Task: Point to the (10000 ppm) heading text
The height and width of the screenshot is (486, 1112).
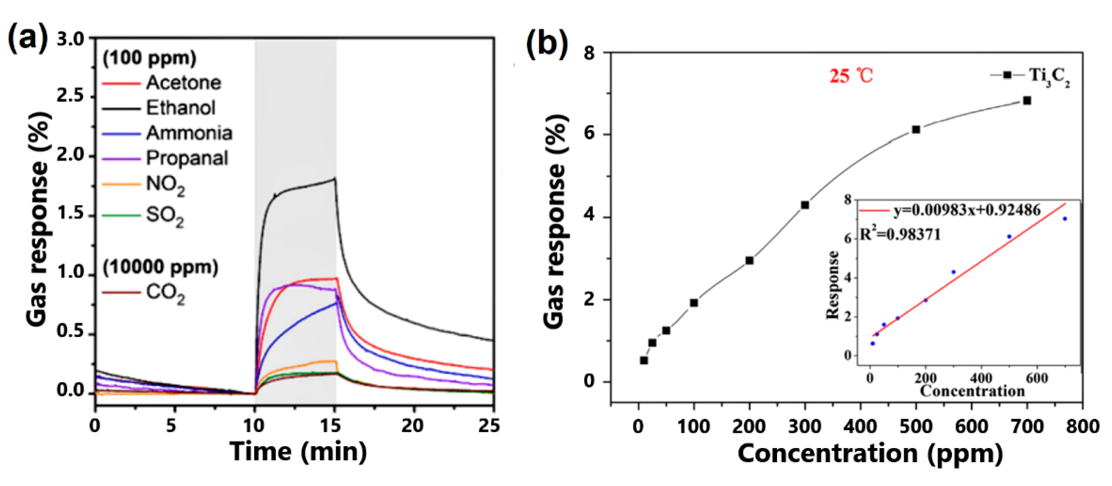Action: (160, 267)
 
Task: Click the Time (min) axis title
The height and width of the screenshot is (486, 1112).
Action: (298, 452)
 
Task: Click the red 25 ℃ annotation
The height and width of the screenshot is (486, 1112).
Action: (851, 77)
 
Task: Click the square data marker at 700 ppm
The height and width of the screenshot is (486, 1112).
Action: (1027, 101)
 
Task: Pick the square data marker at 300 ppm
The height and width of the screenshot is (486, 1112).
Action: (805, 205)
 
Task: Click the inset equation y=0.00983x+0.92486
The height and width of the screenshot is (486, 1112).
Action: (967, 210)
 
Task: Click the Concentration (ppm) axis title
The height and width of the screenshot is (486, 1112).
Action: (870, 454)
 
